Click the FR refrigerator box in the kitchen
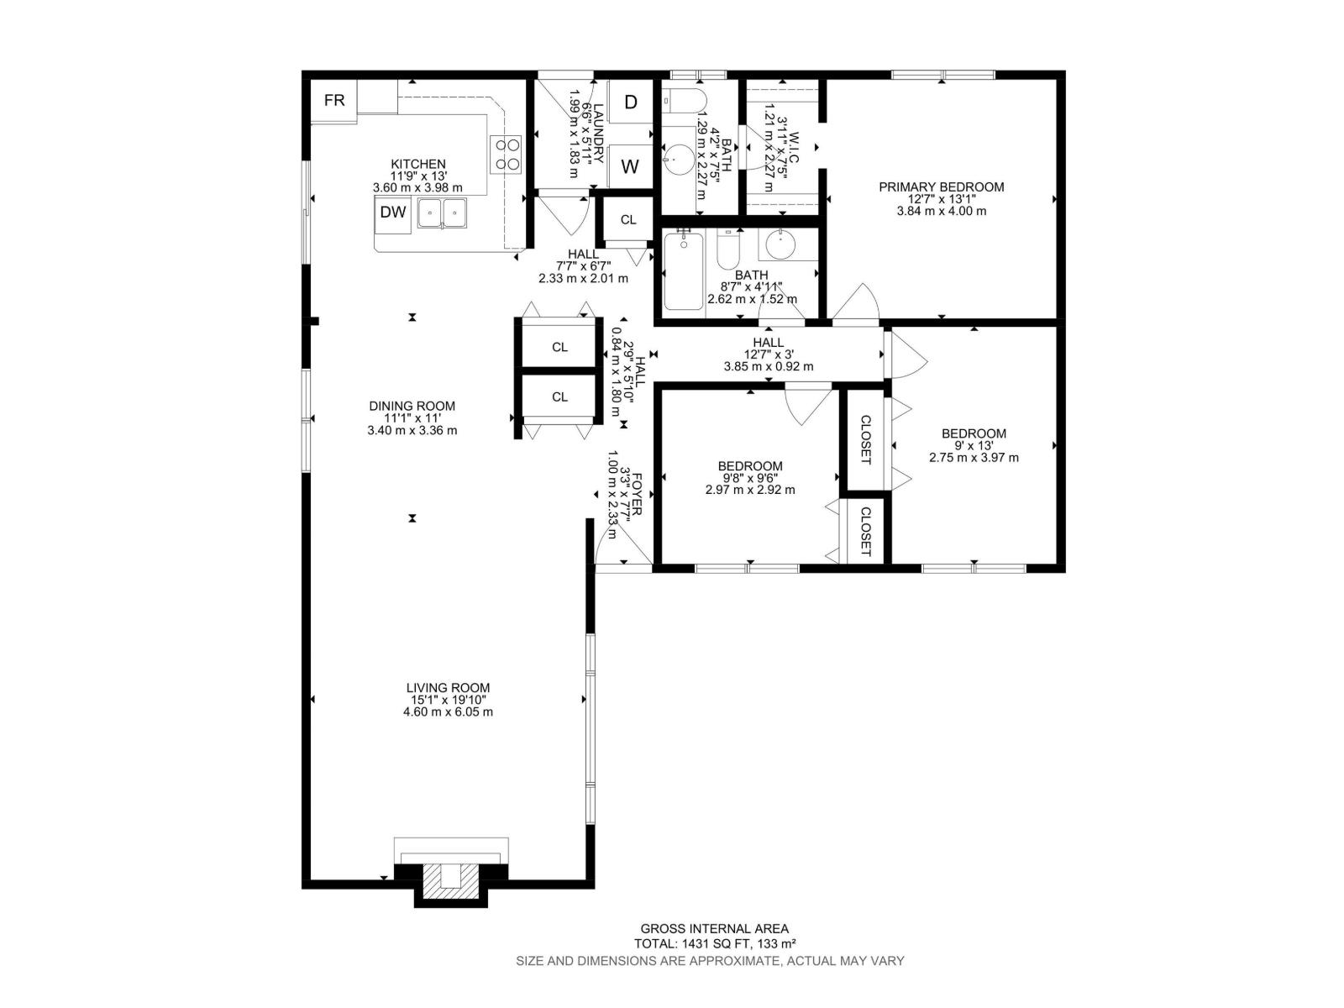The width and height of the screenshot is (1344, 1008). [x=334, y=101]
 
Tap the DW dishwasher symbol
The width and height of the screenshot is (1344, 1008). [x=393, y=213]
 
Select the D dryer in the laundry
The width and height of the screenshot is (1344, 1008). [x=630, y=102]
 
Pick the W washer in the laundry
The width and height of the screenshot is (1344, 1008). [x=630, y=166]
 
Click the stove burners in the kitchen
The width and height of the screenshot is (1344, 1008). [x=507, y=154]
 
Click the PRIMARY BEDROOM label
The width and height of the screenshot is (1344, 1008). [x=941, y=187]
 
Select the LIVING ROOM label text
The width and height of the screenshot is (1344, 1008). [x=448, y=688]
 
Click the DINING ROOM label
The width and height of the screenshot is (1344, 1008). [x=412, y=407]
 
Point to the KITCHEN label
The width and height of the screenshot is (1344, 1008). [x=417, y=165]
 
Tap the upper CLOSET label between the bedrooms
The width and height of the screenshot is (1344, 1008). [x=865, y=439]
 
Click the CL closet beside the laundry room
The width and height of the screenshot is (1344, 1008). [x=628, y=220]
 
